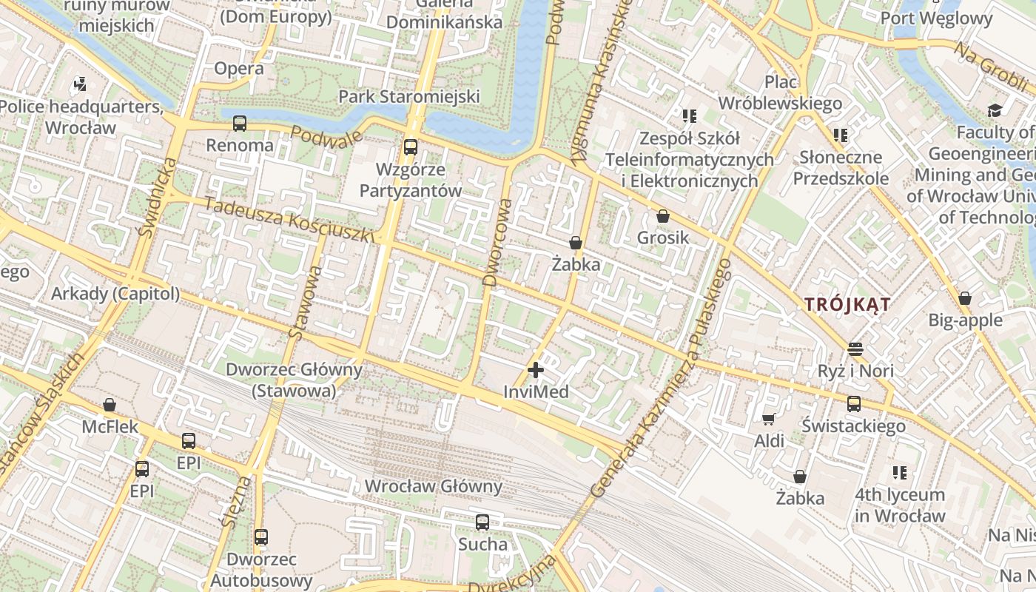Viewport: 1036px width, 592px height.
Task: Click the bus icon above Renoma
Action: (x=239, y=124)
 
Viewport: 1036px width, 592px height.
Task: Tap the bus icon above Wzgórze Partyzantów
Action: (x=410, y=147)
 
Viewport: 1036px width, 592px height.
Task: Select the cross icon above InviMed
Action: (x=536, y=370)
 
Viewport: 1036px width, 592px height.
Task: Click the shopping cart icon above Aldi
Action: (x=769, y=420)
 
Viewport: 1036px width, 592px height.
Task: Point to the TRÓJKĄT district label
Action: (x=847, y=304)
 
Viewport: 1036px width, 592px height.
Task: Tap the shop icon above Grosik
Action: (x=663, y=217)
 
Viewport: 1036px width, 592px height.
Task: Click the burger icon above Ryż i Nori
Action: (x=855, y=349)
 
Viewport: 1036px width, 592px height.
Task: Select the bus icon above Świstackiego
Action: (x=853, y=404)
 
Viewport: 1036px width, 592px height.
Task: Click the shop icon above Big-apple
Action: (x=964, y=299)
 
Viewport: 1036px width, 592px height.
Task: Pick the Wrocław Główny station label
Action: (x=434, y=487)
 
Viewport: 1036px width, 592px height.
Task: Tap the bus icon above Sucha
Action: (x=482, y=522)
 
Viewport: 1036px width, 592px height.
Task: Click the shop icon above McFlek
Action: (x=110, y=405)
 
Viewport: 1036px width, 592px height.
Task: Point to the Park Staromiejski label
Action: (x=409, y=97)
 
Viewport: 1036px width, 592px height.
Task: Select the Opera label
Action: (x=238, y=69)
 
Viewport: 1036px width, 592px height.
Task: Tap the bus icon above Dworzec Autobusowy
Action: (x=260, y=537)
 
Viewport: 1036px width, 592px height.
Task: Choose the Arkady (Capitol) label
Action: (x=115, y=294)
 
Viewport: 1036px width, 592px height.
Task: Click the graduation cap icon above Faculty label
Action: (x=994, y=111)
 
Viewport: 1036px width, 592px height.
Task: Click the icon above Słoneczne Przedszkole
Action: (x=840, y=135)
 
